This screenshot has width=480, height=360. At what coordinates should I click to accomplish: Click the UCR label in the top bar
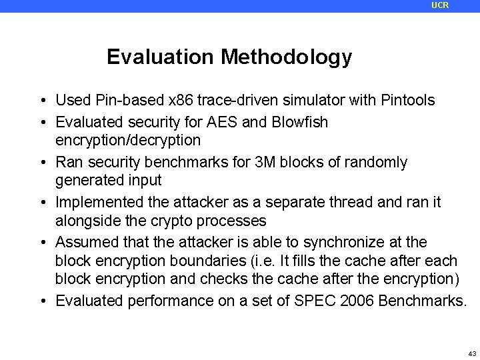440,5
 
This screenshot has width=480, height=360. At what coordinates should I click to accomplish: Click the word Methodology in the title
287,58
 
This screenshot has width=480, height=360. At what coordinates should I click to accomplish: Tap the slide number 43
472,353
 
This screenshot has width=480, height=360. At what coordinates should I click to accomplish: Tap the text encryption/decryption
127,141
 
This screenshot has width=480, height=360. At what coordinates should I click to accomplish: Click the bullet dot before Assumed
42,242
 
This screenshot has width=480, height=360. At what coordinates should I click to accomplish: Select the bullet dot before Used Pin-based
42,101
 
